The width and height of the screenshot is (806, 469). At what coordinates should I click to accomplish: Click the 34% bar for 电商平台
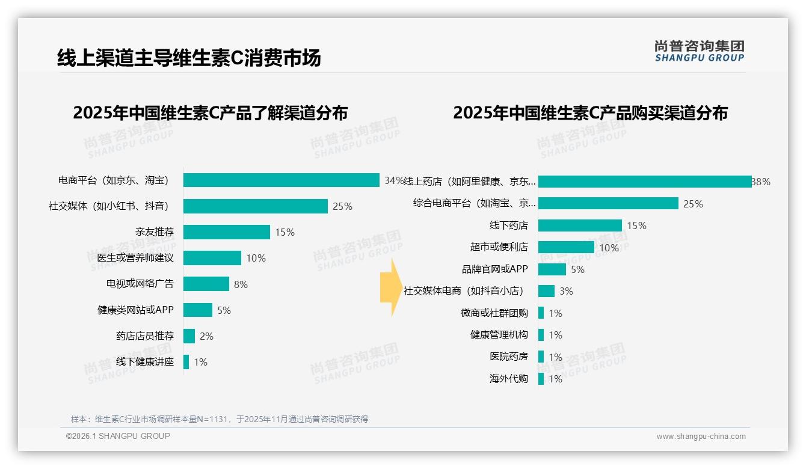(x=281, y=180)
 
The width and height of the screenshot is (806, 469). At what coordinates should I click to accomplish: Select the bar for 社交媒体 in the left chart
(x=255, y=206)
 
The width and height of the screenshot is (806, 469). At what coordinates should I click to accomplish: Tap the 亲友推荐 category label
(x=154, y=232)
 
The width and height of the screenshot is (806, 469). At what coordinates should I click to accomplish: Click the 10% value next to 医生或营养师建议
(x=256, y=258)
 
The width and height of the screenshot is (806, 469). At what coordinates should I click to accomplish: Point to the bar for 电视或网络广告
(x=206, y=284)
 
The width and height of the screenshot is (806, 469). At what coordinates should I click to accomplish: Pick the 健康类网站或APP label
(x=135, y=310)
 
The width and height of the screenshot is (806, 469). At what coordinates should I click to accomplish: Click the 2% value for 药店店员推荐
(x=206, y=336)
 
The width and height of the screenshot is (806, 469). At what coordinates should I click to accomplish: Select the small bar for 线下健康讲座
(x=186, y=362)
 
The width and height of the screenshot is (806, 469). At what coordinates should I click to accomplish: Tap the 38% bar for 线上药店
(x=644, y=182)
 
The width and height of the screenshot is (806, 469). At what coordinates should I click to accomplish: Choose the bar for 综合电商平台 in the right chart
(x=608, y=203)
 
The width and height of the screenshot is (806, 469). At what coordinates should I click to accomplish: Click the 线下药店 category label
(x=508, y=225)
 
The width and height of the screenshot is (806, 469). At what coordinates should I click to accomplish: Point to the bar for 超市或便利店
(x=566, y=247)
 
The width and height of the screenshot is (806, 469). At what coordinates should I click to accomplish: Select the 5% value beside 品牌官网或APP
(x=577, y=269)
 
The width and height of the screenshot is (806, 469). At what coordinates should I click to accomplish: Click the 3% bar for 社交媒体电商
(x=546, y=291)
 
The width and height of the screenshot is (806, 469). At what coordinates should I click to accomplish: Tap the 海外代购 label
(x=508, y=379)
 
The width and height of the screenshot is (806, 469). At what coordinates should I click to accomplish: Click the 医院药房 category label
(x=508, y=357)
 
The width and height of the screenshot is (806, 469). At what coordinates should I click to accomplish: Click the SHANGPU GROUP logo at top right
(x=699, y=51)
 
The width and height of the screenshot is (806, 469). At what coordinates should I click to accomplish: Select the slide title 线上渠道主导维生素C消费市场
(x=189, y=58)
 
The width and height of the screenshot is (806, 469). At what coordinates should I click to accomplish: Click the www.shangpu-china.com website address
(x=701, y=437)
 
